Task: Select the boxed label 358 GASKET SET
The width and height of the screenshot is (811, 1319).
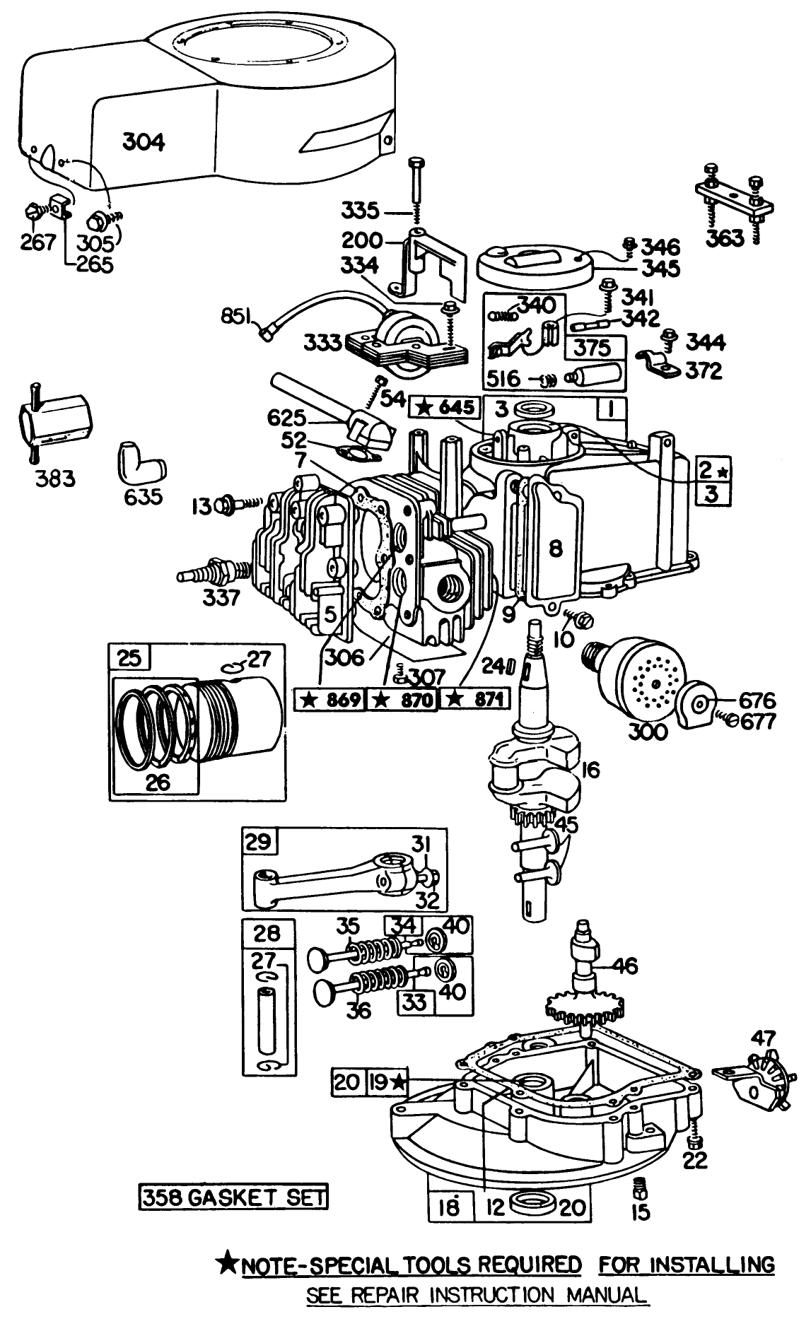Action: pyautogui.click(x=233, y=1196)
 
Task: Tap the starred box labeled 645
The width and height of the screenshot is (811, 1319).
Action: pyautogui.click(x=446, y=407)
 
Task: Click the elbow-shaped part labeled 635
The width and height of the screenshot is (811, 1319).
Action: pyautogui.click(x=140, y=463)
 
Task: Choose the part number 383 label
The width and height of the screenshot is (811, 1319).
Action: pyautogui.click(x=56, y=479)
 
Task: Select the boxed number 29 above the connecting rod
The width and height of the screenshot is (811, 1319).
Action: pyautogui.click(x=259, y=842)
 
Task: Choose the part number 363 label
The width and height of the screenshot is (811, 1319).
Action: pyautogui.click(x=725, y=238)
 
